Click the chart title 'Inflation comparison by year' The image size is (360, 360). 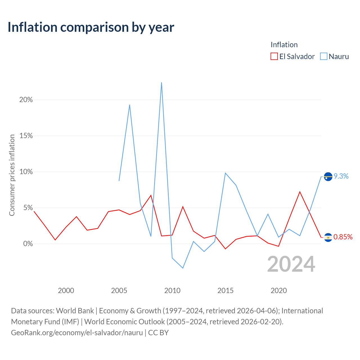point(91,27)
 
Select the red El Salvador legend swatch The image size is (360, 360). point(274,56)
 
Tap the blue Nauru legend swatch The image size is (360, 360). point(324,56)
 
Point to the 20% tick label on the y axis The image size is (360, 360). point(26,100)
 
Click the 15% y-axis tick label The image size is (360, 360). point(26,136)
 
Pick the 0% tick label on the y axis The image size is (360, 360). point(28,244)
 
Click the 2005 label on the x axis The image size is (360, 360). point(119,291)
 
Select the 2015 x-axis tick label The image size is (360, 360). point(225,291)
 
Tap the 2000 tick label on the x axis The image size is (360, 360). point(66,291)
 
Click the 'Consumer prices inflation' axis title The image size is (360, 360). point(12,175)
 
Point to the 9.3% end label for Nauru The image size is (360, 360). point(341,176)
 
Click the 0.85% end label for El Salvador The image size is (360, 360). point(343,237)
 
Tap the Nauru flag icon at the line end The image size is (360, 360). point(328,177)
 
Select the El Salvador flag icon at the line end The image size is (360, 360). point(328,237)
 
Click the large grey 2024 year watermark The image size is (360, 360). point(291,264)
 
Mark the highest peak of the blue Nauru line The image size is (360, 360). point(161,83)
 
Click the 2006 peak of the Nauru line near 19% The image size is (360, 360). point(129,105)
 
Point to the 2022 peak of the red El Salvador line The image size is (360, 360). point(300,192)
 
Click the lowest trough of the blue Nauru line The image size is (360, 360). point(183,268)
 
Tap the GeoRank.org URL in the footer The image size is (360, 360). point(77,333)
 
